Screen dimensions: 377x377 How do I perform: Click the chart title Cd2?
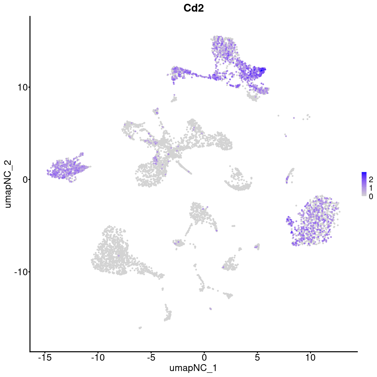[x=194, y=8]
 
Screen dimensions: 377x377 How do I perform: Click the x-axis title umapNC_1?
[x=193, y=368]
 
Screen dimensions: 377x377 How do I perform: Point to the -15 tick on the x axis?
[x=45, y=357]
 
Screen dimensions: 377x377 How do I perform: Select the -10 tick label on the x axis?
[x=98, y=357]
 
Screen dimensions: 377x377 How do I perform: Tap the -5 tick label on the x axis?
[x=151, y=357]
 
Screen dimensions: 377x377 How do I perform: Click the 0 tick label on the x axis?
[x=204, y=357]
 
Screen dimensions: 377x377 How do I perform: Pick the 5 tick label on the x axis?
[x=257, y=357]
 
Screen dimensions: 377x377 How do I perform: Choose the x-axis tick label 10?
[x=310, y=357]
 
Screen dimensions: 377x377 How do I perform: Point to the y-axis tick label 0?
[x=24, y=179]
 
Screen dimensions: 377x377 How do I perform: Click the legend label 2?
[x=371, y=179]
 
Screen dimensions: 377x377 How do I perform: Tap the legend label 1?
[x=371, y=188]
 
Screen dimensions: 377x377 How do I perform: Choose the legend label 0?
[x=371, y=196]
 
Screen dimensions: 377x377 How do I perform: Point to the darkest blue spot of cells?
[x=261, y=70]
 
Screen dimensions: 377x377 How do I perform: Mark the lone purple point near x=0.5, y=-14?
[x=210, y=309]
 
